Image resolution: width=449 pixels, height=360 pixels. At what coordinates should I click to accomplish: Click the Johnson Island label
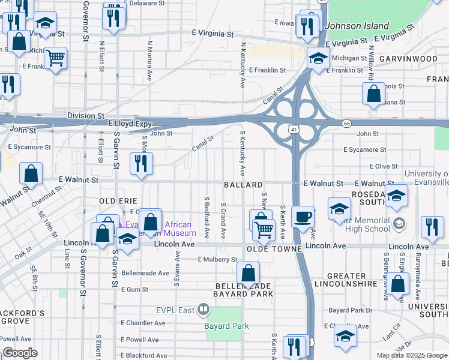point(357,26)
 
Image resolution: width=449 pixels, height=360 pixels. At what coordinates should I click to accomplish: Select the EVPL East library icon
point(203,310)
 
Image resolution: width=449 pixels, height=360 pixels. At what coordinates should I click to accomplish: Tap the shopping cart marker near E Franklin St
point(55,58)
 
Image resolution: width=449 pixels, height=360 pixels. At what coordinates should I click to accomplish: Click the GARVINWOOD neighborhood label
point(408,59)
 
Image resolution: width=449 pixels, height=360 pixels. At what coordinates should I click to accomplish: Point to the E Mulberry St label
point(217,260)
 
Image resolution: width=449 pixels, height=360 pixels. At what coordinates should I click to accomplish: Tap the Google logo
point(20,353)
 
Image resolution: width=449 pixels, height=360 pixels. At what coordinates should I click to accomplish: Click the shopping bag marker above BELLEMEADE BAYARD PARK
point(248,274)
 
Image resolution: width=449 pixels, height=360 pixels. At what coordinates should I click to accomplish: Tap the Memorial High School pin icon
point(399,225)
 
